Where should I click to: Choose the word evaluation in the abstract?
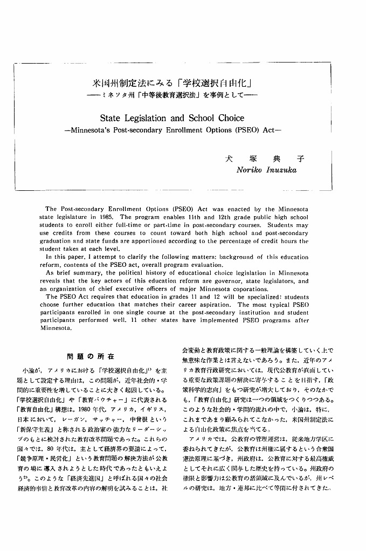(x=206, y=265)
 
